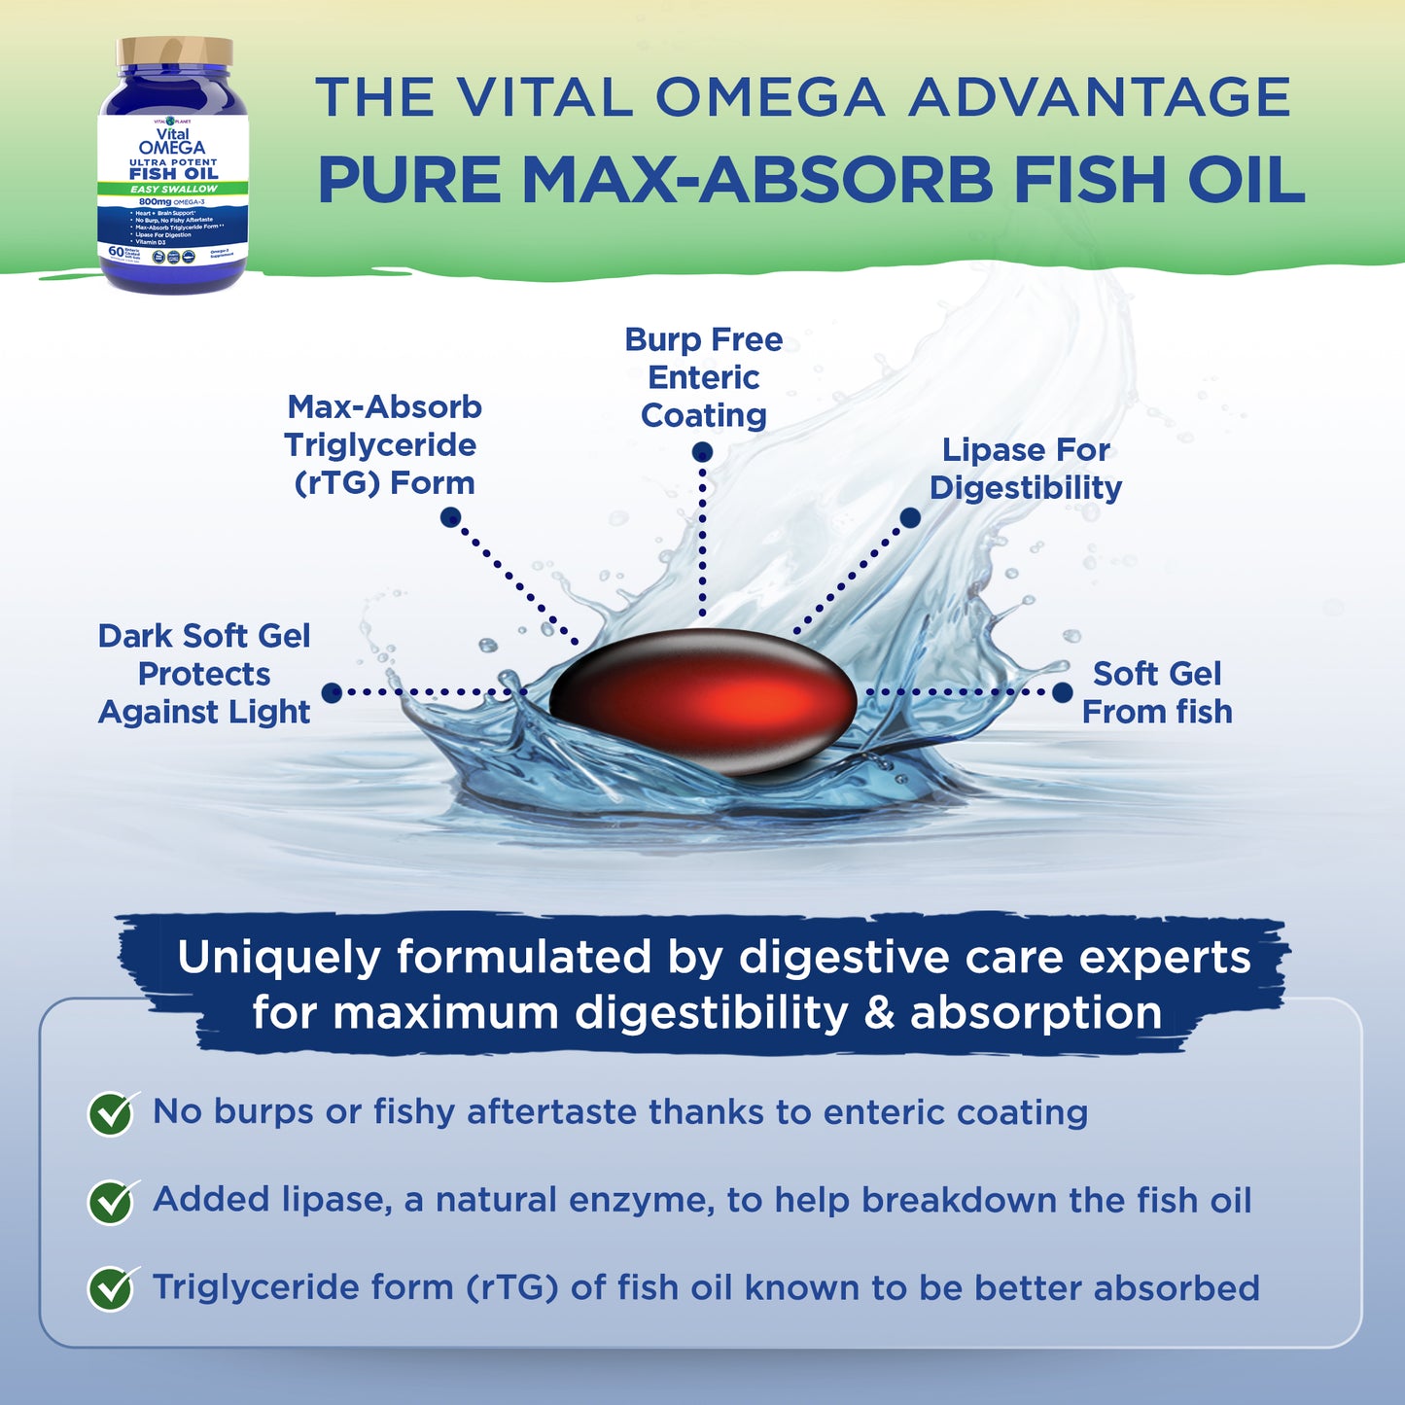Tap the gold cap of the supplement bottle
[x=175, y=52]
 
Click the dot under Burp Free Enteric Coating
[x=702, y=452]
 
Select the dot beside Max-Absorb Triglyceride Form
[x=450, y=517]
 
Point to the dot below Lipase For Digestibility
[x=910, y=518]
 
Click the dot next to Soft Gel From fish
[x=1063, y=692]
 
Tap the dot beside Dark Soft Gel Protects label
[x=332, y=692]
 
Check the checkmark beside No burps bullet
[x=112, y=1113]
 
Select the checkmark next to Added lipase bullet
[x=112, y=1202]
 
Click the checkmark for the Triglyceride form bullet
[x=112, y=1289]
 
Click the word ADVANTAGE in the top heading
[x=1100, y=97]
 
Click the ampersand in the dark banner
[x=879, y=1013]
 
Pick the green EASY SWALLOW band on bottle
[x=174, y=189]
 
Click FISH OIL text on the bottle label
[x=174, y=173]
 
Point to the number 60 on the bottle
[x=117, y=251]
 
